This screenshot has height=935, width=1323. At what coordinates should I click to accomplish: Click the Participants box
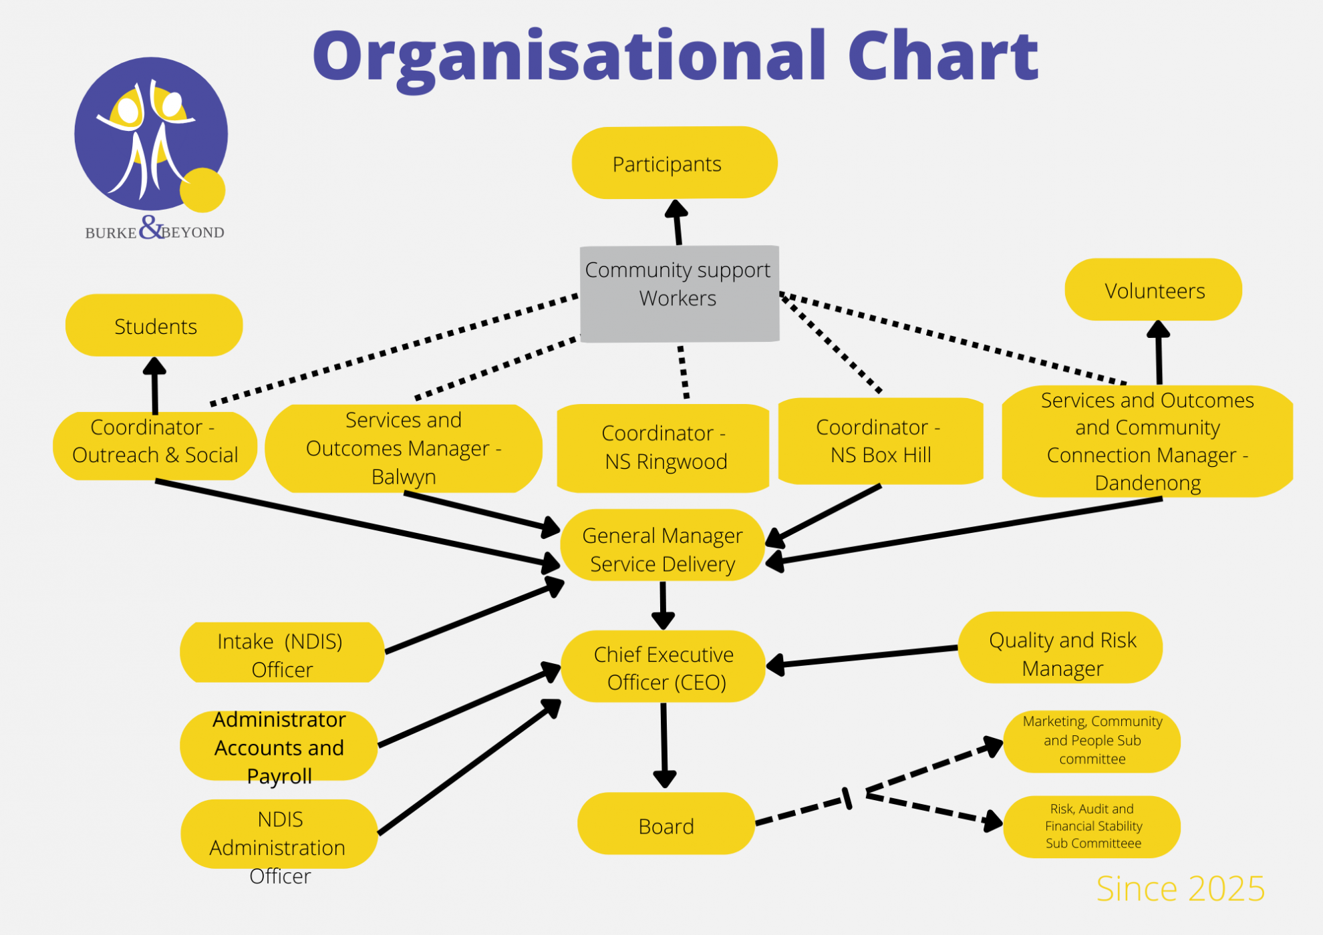[674, 163]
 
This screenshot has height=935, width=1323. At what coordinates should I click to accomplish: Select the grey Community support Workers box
[679, 294]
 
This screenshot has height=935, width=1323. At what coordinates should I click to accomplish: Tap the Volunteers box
[1153, 290]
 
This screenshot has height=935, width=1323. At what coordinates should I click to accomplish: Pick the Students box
[154, 325]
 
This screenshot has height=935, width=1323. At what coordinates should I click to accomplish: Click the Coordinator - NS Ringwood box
[664, 447]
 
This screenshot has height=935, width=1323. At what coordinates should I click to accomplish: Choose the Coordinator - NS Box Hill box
[880, 441]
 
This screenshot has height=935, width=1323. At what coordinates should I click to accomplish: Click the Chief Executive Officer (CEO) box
[664, 667]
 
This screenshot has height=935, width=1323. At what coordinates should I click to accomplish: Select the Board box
[666, 824]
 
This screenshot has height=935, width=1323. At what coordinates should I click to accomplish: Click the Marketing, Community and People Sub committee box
[1092, 741]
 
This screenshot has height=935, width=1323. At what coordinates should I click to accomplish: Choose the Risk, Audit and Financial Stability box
[1092, 827]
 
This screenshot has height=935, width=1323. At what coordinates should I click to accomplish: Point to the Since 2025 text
[1180, 889]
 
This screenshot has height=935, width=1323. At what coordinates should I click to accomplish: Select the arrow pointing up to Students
[154, 386]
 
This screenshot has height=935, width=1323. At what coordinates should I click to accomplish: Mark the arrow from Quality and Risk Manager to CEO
[862, 657]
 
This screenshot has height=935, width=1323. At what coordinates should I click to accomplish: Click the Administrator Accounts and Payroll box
[279, 746]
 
